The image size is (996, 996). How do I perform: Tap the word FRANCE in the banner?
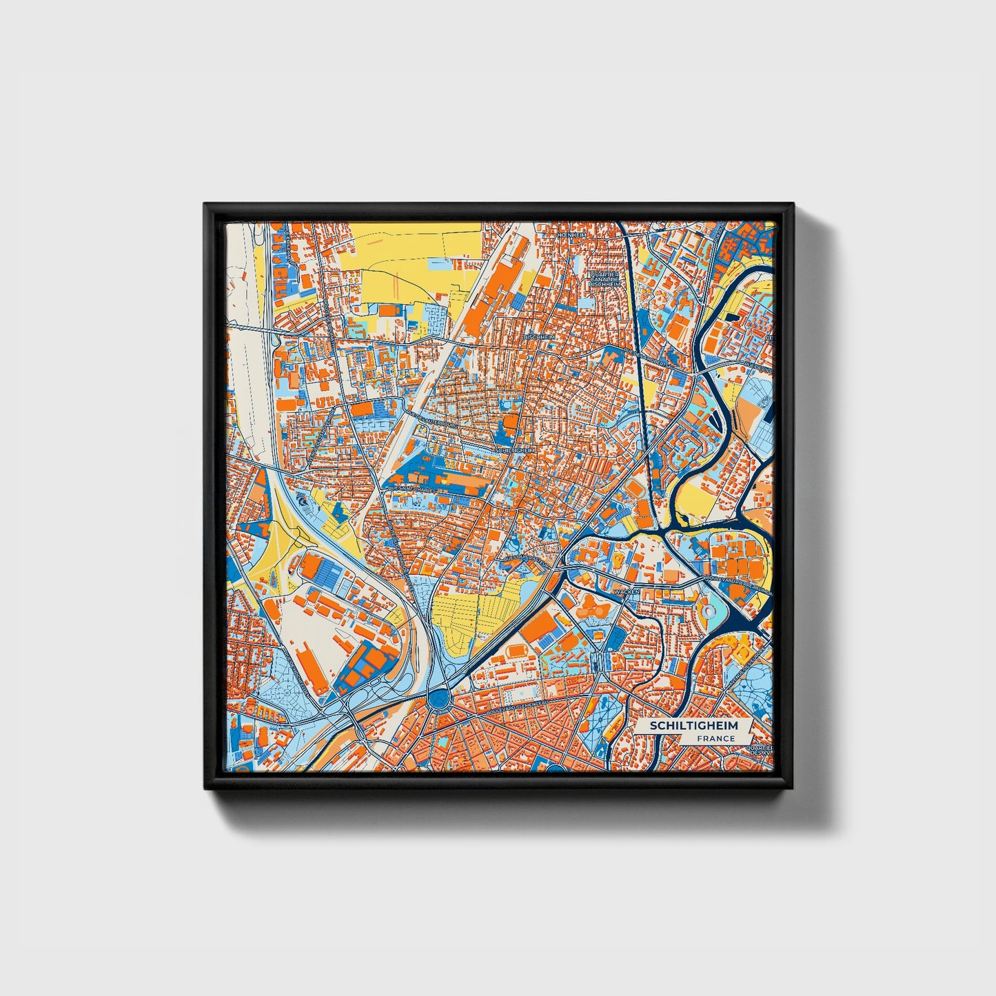(715, 739)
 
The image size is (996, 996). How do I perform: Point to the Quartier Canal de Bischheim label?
(604, 278)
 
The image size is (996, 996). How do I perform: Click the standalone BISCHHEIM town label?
(538, 336)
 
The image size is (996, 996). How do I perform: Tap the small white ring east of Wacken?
(706, 611)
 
